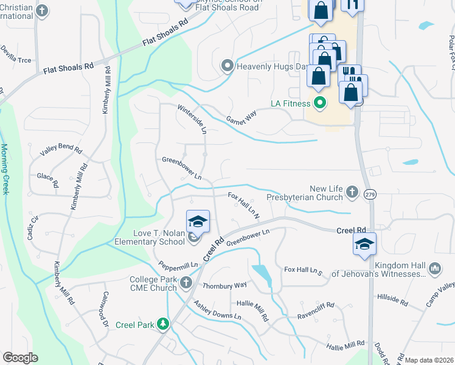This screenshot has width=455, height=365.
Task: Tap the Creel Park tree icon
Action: (162, 324)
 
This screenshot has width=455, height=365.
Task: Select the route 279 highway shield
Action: (370, 194)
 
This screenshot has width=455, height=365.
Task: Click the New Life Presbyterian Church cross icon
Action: (352, 193)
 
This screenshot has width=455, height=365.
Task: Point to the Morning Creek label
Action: (5, 169)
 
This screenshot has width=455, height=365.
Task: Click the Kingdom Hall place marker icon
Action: (434, 268)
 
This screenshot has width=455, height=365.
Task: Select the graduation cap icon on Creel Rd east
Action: (365, 244)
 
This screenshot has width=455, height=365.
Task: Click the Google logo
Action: (21, 358)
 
